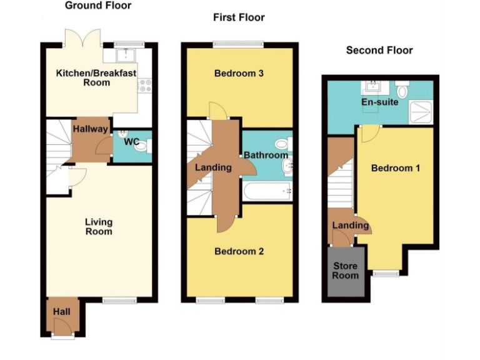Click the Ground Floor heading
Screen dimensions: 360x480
coord(98,6)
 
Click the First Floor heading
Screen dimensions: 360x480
coord(239,17)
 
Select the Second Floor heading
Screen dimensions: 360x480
coord(379,50)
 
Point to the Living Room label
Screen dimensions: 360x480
coord(99,226)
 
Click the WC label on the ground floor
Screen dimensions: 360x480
coord(131,142)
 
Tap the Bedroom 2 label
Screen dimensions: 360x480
coord(239,251)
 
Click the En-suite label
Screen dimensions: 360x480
coord(379,102)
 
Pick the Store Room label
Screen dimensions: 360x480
coord(345,271)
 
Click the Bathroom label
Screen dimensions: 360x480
coord(266,155)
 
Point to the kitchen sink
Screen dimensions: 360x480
coord(127,56)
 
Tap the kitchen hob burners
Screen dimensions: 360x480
coord(145,85)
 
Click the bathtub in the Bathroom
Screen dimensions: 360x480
coord(268,191)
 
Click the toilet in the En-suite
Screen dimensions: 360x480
coord(402,91)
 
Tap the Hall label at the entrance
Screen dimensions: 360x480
coord(61,311)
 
